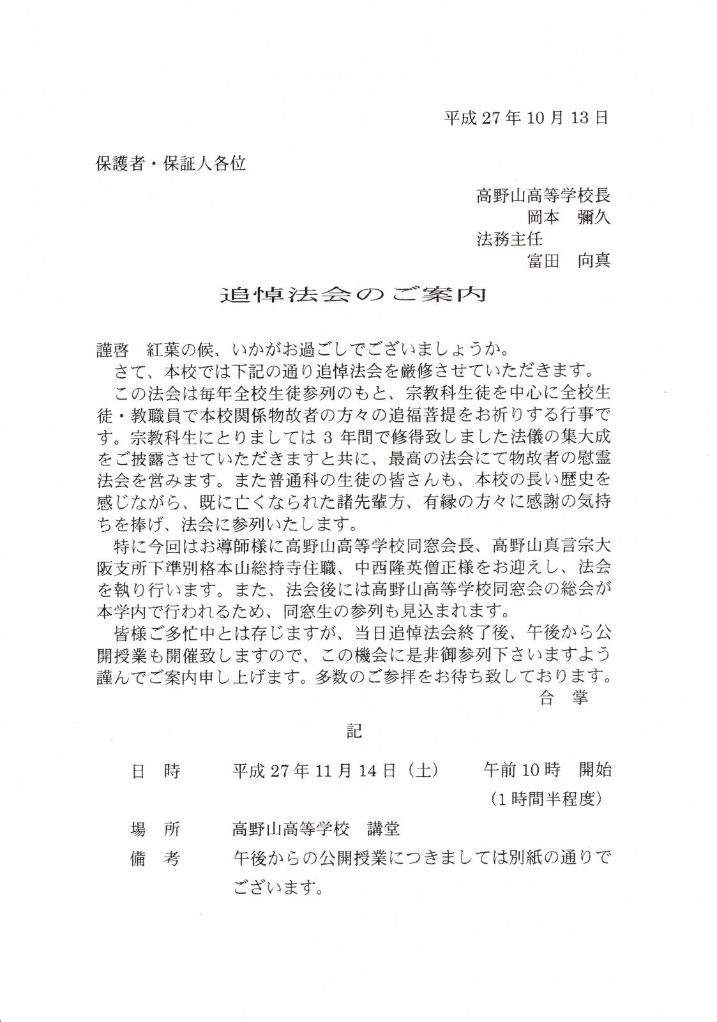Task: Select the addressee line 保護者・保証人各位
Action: pyautogui.click(x=170, y=164)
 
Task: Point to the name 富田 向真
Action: pyautogui.click(x=568, y=260)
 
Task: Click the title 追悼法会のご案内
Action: pyautogui.click(x=353, y=294)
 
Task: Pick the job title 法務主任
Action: pyautogui.click(x=509, y=239)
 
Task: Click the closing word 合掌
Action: pyautogui.click(x=563, y=698)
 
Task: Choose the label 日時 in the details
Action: pyautogui.click(x=155, y=771)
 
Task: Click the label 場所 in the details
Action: pyautogui.click(x=155, y=829)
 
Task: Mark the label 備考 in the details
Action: pyautogui.click(x=155, y=859)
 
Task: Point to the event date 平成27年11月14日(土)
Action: pyautogui.click(x=335, y=771)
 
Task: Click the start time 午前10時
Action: pyautogui.click(x=522, y=770)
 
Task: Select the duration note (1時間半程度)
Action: pyautogui.click(x=546, y=799)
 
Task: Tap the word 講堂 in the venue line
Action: pyautogui.click(x=383, y=829)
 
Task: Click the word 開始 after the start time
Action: pyautogui.click(x=595, y=770)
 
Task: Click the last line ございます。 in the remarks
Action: pyautogui.click(x=276, y=887)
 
